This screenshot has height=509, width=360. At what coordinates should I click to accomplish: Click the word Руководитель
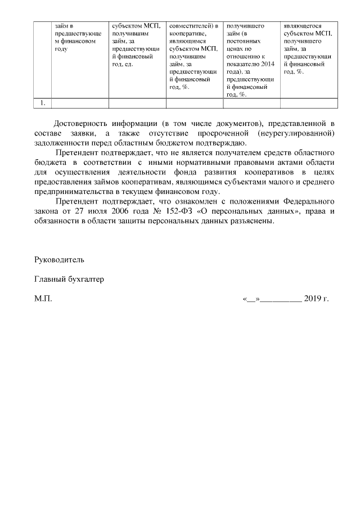(59, 260)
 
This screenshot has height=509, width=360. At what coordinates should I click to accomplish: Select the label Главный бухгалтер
(69, 279)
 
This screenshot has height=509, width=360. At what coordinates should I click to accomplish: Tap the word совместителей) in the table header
(188, 25)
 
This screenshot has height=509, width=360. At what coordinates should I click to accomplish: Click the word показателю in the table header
(242, 64)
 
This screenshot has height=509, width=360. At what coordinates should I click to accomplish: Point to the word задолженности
(61, 143)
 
